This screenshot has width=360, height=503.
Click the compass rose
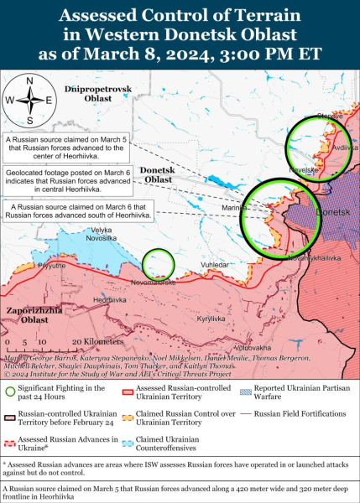[x=29, y=100]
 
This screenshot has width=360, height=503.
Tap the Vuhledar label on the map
[x=213, y=265]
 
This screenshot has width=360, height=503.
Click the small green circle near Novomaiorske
[x=158, y=264]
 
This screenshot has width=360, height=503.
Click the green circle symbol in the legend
[x=9, y=390]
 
